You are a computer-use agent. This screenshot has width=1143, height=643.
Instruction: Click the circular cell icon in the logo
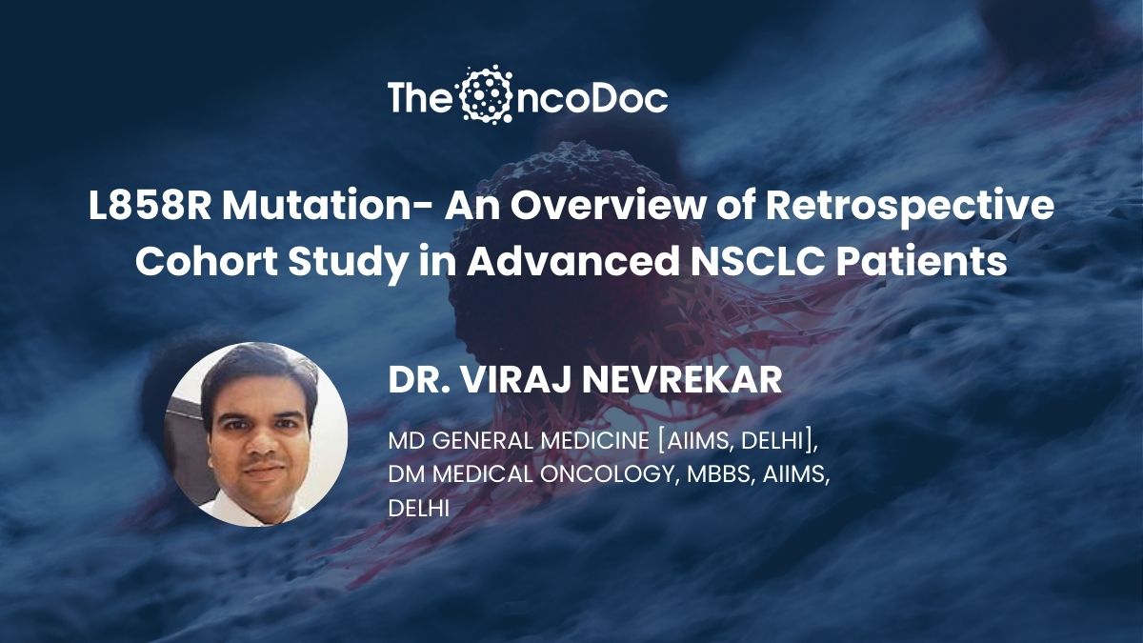tap(485, 94)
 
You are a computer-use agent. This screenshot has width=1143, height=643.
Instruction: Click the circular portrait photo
tap(255, 433)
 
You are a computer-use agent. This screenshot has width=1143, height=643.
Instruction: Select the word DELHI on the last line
tap(419, 509)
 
